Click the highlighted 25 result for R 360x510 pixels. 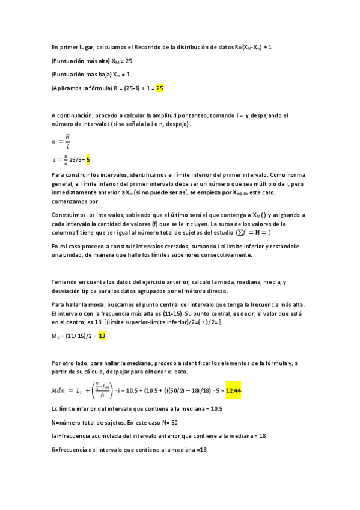(160, 88)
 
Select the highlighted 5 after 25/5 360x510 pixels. (88, 159)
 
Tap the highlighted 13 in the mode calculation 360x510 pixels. (102, 336)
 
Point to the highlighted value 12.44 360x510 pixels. (233, 391)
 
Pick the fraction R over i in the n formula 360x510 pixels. (67, 140)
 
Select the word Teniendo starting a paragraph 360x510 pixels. (64, 282)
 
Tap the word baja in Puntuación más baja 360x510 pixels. (103, 74)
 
